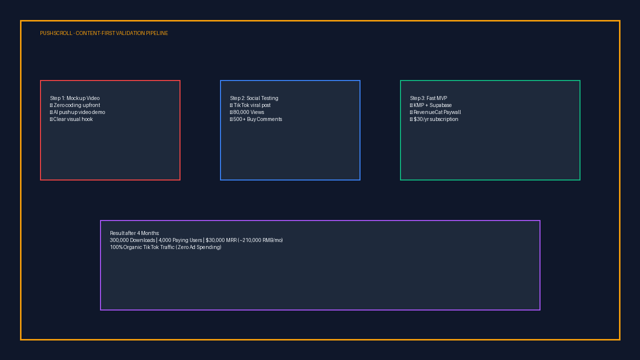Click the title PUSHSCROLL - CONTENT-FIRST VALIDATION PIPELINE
click(104, 33)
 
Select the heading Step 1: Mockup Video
click(75, 98)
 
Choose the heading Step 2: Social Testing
click(254, 98)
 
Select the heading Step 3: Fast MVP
click(428, 98)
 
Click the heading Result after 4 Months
click(134, 233)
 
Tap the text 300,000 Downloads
click(132, 240)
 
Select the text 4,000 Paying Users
click(180, 240)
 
